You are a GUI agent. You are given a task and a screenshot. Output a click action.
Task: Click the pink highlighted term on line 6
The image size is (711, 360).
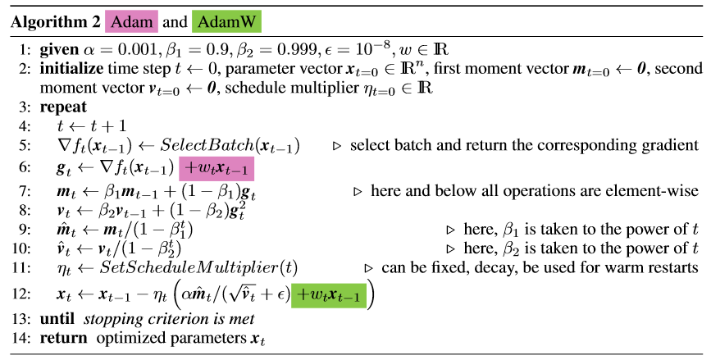coord(217,170)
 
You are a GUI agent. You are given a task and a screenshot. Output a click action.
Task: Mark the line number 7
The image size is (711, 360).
coord(27,191)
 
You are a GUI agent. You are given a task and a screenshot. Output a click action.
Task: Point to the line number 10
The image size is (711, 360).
coord(25,248)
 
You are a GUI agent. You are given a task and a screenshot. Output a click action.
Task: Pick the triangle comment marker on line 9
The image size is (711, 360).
coord(449,230)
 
